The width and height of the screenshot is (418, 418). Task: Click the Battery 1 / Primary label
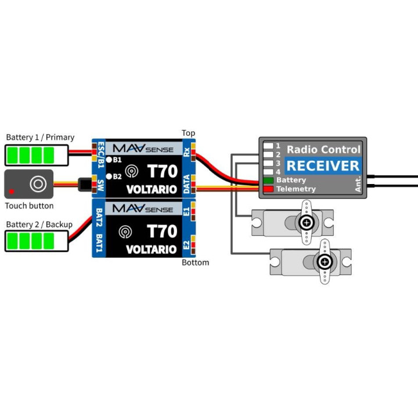click(40, 137)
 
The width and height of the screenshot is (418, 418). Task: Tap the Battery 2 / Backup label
click(39, 225)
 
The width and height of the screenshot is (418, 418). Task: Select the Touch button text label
click(30, 206)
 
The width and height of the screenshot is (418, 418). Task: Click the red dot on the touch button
click(12, 192)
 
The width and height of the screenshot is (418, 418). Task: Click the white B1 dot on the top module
click(109, 160)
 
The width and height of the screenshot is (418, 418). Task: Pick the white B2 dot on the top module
click(109, 176)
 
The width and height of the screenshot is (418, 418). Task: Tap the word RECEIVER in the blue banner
click(323, 166)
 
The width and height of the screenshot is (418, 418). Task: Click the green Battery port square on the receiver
click(268, 181)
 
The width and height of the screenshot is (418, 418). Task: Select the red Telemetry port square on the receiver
click(268, 189)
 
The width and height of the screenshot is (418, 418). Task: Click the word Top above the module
click(188, 133)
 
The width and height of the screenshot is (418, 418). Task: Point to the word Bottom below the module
click(196, 262)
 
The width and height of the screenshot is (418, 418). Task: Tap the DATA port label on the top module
click(186, 184)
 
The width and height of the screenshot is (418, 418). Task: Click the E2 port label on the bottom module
click(186, 245)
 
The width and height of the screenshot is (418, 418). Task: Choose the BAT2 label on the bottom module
click(99, 217)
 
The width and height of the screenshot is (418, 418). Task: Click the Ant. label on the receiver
click(358, 184)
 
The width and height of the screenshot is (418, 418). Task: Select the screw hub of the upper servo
click(307, 222)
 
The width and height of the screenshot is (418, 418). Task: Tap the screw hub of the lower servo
click(325, 262)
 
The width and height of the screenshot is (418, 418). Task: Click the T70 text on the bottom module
click(162, 231)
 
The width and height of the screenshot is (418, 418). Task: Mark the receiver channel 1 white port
click(268, 146)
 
